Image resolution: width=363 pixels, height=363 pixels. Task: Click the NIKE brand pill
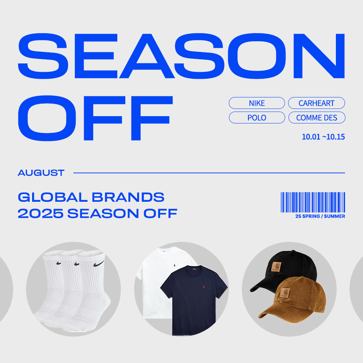pos(257,103)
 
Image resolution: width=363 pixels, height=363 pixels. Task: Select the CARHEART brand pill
pos(316,103)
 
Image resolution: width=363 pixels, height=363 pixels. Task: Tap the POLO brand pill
pos(257,118)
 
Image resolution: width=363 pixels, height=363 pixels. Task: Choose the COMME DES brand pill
pos(317,118)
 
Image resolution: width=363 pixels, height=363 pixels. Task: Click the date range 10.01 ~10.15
pos(323,137)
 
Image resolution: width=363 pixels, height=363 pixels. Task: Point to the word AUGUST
pos(41,173)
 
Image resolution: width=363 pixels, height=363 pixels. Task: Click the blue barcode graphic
pos(313,202)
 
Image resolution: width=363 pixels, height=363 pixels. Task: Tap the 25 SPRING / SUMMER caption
pos(320,216)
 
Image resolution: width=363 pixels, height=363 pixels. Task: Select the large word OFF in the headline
pos(96,118)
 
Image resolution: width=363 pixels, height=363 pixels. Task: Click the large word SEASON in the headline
pos(181,56)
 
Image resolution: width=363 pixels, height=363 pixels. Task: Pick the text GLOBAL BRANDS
pos(91,197)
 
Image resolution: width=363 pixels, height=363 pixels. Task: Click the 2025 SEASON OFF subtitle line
pos(97,213)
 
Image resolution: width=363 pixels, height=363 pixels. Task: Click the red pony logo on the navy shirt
pos(204,287)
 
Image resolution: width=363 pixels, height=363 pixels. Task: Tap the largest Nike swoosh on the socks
pos(99,264)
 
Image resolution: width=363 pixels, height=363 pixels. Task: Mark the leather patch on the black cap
pos(276,267)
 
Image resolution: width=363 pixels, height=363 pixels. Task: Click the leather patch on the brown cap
pos(285,293)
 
